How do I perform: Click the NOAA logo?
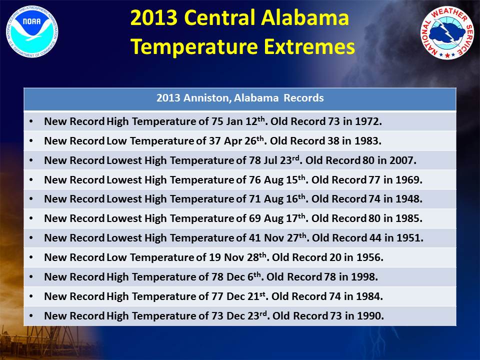click(x=32, y=31)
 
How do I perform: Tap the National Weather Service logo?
click(x=447, y=33)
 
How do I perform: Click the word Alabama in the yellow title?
click(x=305, y=18)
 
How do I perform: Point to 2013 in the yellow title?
click(x=154, y=18)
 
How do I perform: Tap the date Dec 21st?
click(x=245, y=296)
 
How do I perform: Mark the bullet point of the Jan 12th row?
click(x=31, y=121)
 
